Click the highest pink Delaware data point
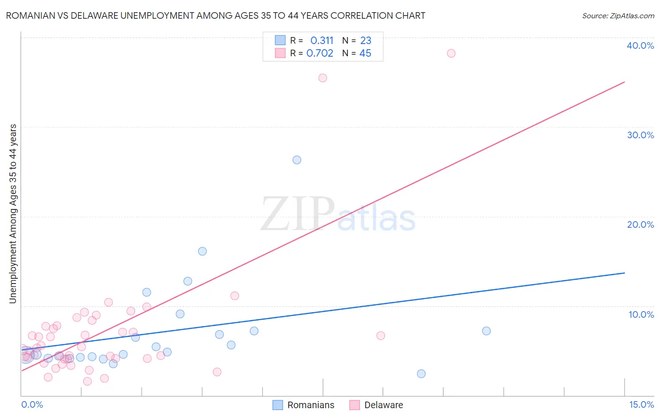(451, 53)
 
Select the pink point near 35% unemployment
(322, 78)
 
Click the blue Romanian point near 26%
(297, 160)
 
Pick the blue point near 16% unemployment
(202, 251)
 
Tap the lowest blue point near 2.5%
(421, 373)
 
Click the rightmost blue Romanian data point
(486, 331)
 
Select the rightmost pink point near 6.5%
(381, 336)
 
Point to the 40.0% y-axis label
(640, 45)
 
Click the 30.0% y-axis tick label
(640, 135)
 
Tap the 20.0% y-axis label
(640, 224)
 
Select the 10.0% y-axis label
(641, 314)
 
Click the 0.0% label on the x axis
(32, 404)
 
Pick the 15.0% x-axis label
(641, 404)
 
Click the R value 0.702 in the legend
(320, 53)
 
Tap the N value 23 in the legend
(366, 41)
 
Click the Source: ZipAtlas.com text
(618, 16)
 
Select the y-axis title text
(13, 214)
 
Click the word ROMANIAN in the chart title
(30, 16)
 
